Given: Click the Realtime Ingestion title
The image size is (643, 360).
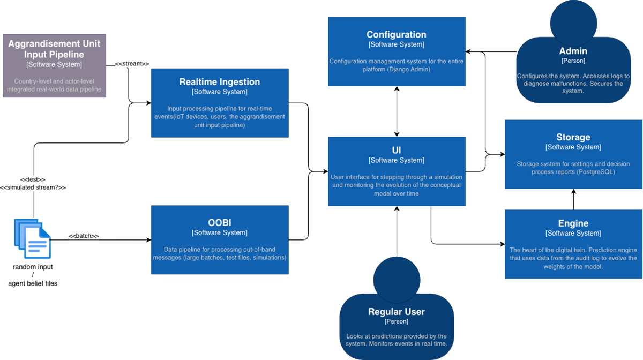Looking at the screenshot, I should (x=219, y=82).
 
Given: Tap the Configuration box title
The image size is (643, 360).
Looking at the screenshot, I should (x=396, y=35).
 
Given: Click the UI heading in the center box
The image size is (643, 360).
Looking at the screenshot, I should (x=396, y=151).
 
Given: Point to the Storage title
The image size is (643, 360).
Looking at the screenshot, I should (x=573, y=137).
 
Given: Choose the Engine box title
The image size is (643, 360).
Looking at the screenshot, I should (x=573, y=223).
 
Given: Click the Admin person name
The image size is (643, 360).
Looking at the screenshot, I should (x=573, y=51).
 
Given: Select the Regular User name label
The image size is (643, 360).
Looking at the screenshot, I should (x=396, y=312).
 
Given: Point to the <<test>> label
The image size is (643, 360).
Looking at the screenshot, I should (x=33, y=179).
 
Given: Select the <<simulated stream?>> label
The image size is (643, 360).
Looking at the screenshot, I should (x=33, y=187).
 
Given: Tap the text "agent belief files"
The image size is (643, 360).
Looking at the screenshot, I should (x=33, y=283).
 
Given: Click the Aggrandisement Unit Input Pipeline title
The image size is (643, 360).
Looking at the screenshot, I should (x=54, y=49).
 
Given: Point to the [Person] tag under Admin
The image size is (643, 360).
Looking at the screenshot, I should (x=573, y=61).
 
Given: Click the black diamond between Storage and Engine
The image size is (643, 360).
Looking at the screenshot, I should (x=573, y=199).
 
